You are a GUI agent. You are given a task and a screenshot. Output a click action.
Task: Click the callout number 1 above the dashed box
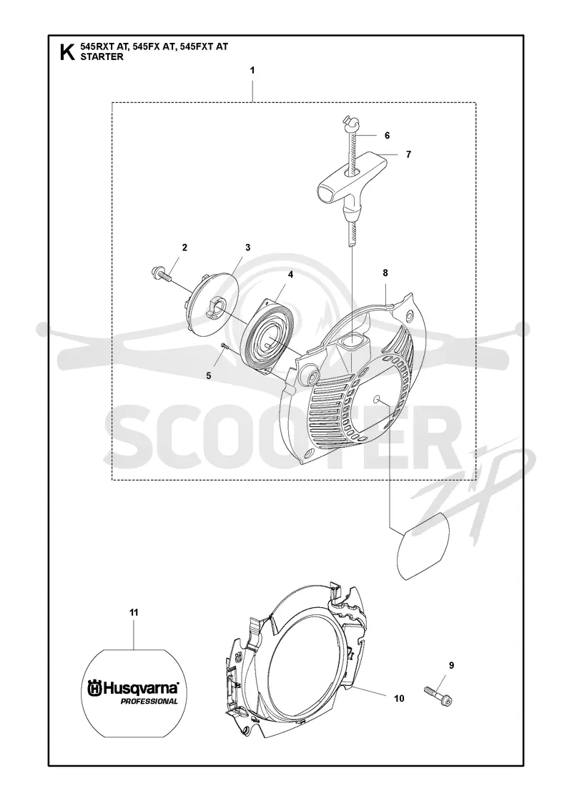tap(252, 71)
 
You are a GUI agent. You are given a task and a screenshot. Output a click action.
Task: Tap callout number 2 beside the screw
tap(184, 247)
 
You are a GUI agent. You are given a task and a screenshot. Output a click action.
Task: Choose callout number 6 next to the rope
tap(387, 135)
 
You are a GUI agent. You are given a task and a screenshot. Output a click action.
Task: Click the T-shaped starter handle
tap(354, 180)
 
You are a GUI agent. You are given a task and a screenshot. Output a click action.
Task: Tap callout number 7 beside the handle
tap(408, 154)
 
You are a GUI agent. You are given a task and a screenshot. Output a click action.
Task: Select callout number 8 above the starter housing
tap(385, 272)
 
